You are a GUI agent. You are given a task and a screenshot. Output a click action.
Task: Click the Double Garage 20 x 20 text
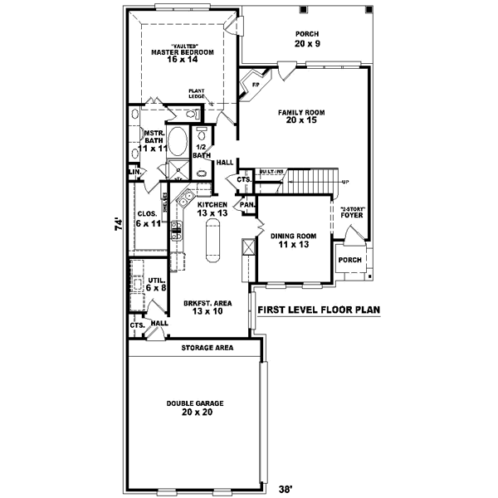[x=194, y=408]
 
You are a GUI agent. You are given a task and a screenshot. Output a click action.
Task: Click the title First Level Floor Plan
[x=318, y=310]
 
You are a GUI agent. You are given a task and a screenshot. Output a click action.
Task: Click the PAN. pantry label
[x=247, y=203]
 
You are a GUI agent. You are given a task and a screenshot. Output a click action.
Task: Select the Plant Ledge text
[x=197, y=94]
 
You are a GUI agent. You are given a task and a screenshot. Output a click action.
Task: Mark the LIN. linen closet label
[x=134, y=172]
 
